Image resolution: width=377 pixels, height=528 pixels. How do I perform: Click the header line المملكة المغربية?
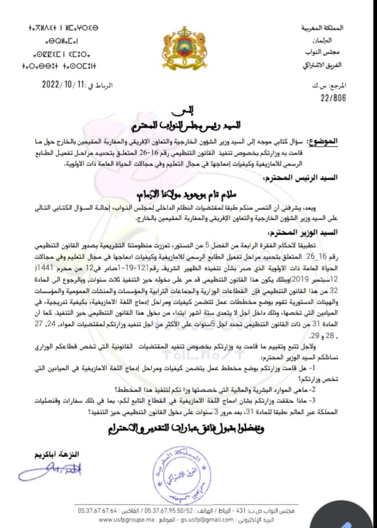pyautogui.click(x=334, y=27)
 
